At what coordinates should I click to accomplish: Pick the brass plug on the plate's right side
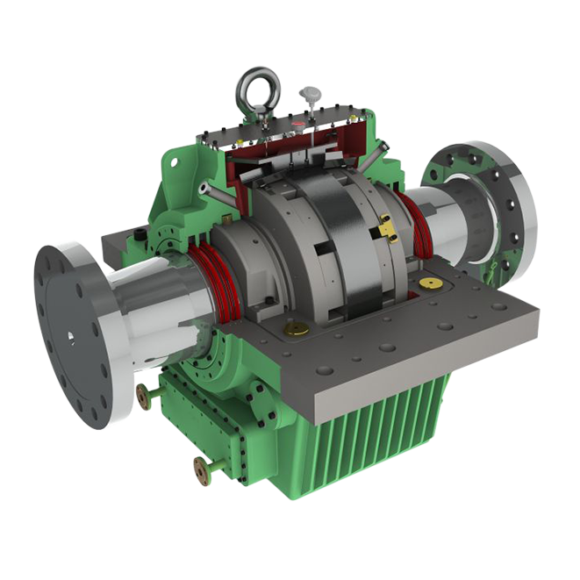[x=431, y=283]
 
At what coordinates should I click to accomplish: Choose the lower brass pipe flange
[x=203, y=472]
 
